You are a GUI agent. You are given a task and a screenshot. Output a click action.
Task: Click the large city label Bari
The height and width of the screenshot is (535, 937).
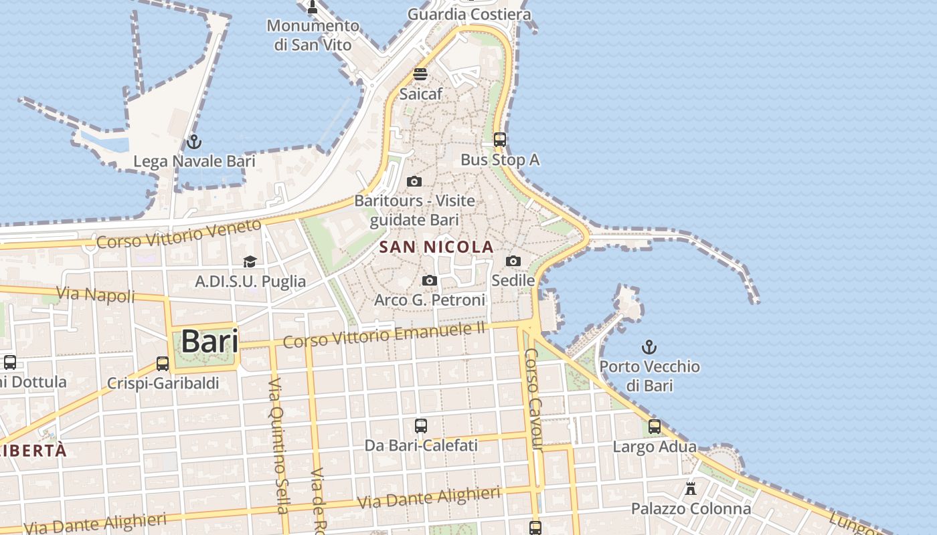click(x=209, y=341)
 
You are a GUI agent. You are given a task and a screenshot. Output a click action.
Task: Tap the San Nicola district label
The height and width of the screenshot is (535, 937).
click(x=436, y=247)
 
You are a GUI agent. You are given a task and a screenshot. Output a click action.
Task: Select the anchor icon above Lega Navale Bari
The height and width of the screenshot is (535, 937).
click(x=194, y=142)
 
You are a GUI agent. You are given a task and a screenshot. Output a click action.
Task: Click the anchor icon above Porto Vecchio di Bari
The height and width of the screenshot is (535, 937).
click(x=649, y=347)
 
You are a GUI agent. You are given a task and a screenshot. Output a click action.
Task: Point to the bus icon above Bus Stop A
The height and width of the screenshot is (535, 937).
click(x=500, y=140)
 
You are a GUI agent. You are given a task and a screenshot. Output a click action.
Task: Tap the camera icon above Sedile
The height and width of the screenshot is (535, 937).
click(x=513, y=261)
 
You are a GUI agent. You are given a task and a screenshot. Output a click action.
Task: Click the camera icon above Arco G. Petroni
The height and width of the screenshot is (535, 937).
click(x=430, y=281)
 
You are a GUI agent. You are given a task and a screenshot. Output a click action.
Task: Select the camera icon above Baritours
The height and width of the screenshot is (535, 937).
click(x=414, y=181)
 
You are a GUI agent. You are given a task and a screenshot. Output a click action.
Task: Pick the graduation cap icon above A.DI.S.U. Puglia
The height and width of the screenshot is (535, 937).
click(x=250, y=261)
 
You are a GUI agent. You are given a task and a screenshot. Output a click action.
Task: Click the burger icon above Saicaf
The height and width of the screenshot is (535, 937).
click(x=420, y=74)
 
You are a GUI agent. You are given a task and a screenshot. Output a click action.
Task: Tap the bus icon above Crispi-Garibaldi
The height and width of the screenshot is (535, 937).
click(x=163, y=364)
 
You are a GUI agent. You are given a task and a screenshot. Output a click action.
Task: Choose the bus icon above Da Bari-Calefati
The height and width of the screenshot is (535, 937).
click(x=421, y=425)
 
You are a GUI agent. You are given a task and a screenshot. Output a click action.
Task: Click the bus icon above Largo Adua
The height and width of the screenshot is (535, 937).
click(x=655, y=427)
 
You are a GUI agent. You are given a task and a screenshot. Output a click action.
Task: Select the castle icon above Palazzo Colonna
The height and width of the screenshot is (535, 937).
click(x=691, y=489)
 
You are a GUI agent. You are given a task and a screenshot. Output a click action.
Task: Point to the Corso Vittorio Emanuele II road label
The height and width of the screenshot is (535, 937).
click(x=384, y=333)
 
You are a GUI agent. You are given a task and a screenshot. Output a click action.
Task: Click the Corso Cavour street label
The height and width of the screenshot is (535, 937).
click(x=534, y=399)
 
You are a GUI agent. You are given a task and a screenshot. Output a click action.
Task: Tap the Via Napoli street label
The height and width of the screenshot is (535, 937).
click(x=96, y=294)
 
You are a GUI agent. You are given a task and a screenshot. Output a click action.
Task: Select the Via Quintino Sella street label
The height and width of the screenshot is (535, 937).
click(x=278, y=445)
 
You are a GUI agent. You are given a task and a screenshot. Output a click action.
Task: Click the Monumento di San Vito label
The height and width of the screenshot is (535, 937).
click(x=313, y=35)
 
